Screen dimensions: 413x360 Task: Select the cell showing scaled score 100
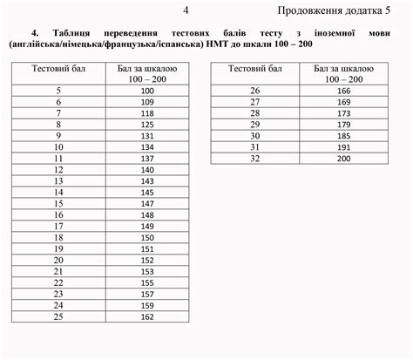pos(146,91)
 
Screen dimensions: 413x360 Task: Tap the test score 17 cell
pos(58,227)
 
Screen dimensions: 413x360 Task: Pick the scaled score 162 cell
pos(146,316)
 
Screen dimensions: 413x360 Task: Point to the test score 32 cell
pos(255,160)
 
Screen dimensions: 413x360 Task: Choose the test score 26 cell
pos(255,91)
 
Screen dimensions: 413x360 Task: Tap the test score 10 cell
pos(58,147)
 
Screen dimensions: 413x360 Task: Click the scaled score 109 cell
pos(146,102)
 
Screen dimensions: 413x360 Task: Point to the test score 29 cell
pos(255,125)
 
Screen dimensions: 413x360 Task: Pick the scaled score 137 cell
pos(146,159)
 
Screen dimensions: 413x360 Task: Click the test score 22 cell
pos(58,282)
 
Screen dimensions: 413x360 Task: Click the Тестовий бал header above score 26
pos(255,67)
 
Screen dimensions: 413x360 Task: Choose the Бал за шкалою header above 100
pos(146,72)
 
